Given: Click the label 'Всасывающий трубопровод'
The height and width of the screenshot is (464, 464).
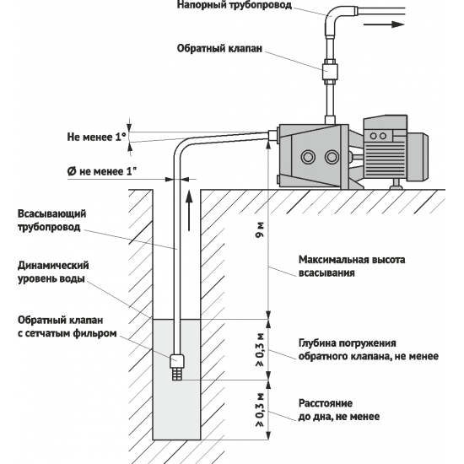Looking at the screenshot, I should (51, 221).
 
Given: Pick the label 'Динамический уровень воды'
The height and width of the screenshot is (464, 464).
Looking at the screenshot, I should (52, 272).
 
